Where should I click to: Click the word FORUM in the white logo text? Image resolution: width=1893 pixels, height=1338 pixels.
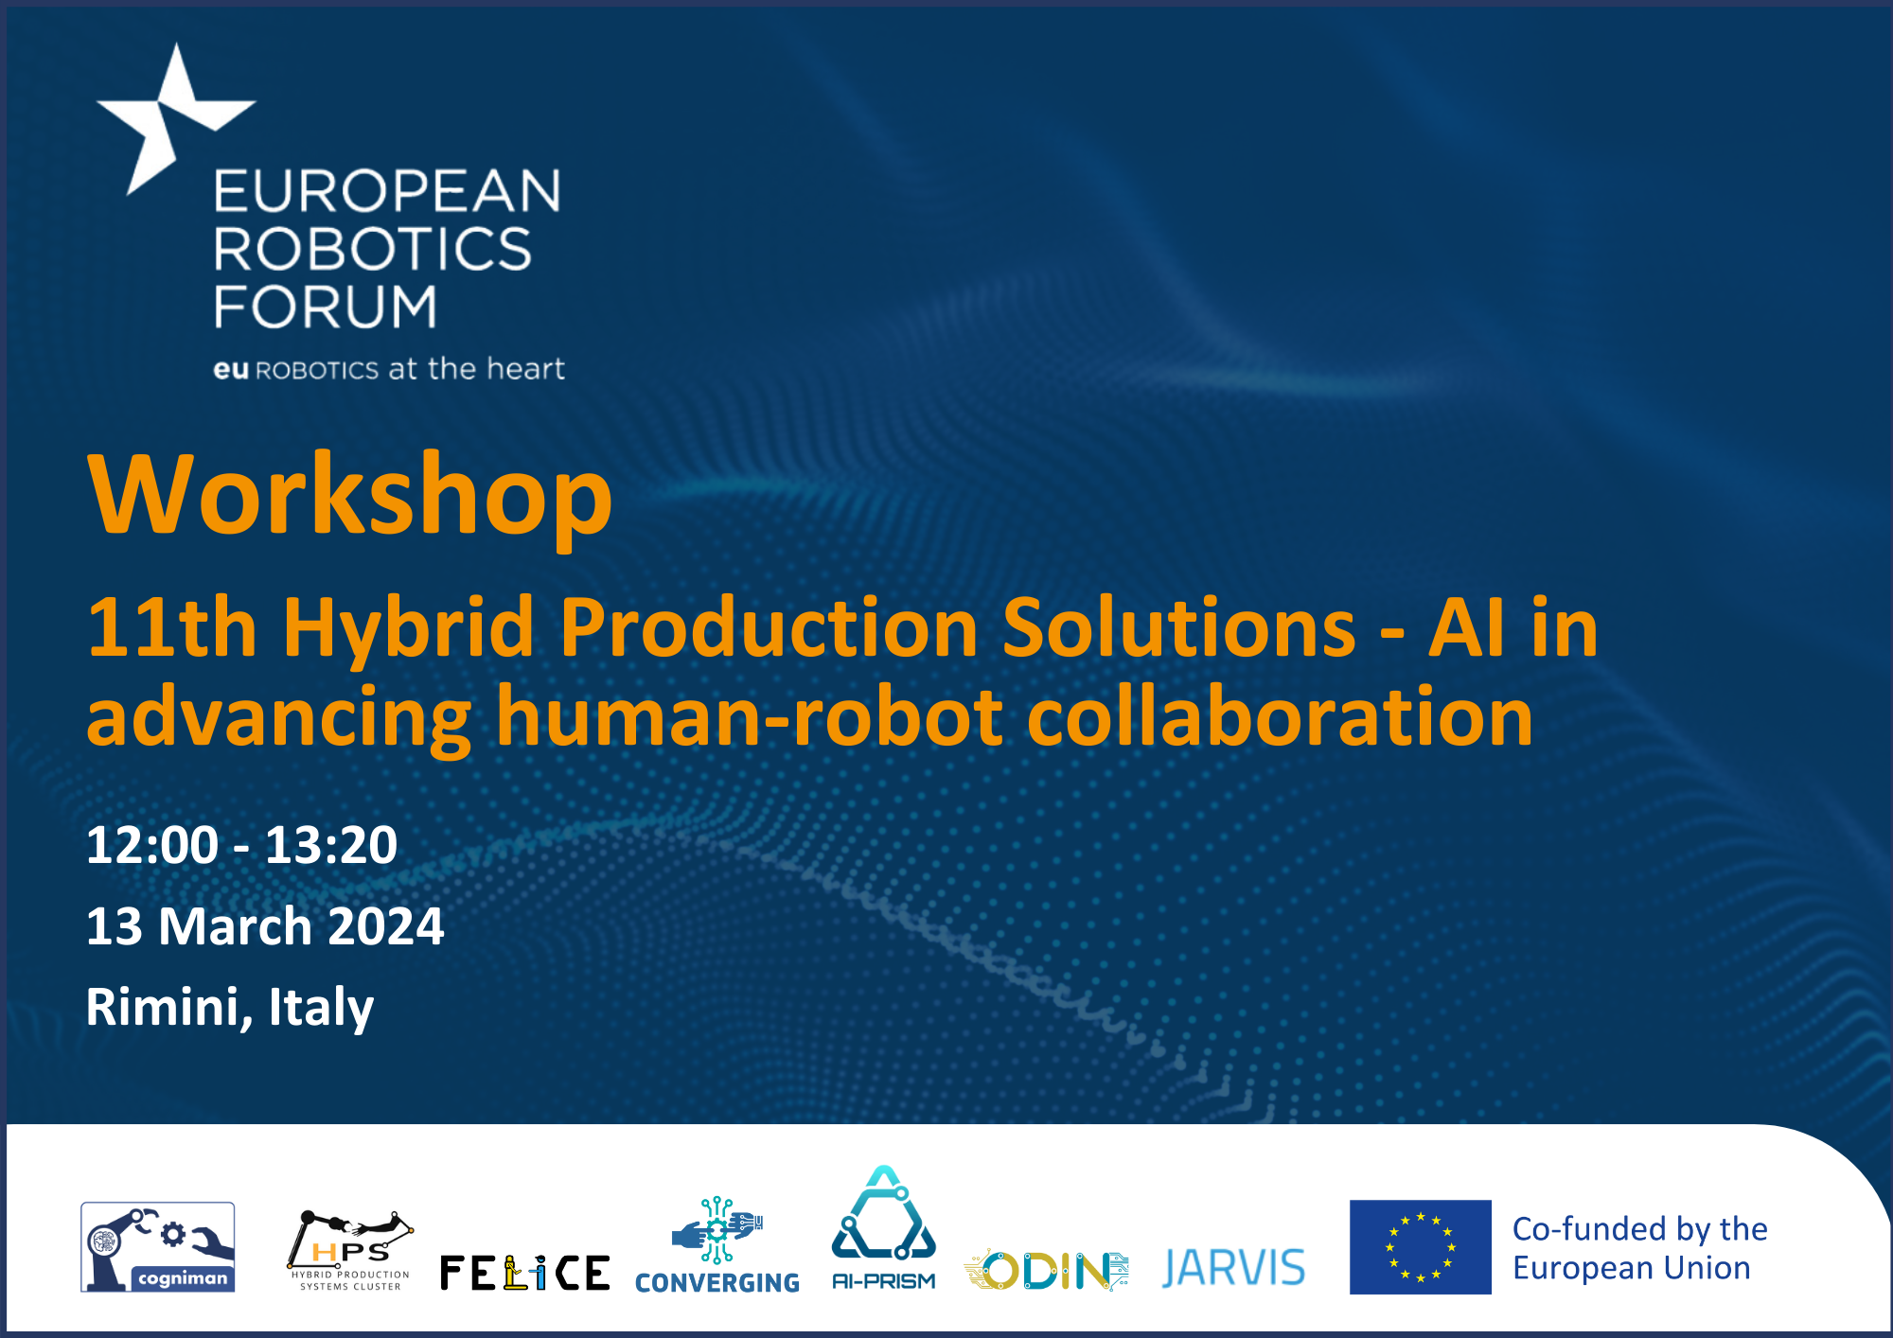326,307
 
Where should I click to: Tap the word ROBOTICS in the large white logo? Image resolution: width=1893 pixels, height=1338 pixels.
372,248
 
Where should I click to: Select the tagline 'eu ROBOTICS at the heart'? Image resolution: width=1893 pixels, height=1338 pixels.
389,368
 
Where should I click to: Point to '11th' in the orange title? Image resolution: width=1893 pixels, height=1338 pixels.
171,627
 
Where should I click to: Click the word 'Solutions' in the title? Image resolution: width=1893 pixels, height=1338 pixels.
1179,627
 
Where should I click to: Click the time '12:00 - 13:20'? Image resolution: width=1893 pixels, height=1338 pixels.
241,844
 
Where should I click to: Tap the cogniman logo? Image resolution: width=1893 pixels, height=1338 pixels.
158,1247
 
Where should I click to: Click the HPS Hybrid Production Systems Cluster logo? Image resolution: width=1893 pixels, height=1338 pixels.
349,1250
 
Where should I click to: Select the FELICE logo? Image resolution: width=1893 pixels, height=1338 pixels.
525,1273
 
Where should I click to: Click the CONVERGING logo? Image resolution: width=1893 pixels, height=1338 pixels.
717,1245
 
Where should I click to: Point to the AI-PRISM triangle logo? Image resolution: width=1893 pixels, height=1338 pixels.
883,1228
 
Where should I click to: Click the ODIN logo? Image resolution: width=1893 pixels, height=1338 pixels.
1046,1270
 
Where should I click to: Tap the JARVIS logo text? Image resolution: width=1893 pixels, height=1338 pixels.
1233,1268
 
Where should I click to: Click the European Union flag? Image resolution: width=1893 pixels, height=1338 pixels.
1420,1247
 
